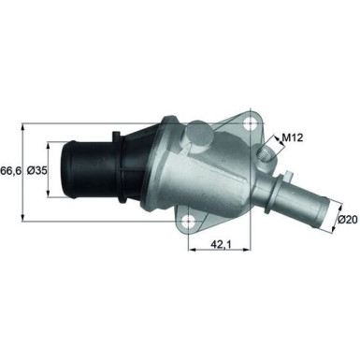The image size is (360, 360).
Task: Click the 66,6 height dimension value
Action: pos(11,171)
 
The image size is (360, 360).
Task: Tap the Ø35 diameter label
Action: pos(37,171)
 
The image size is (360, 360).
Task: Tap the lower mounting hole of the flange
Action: pos(193,223)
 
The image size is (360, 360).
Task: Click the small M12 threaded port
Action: pos(270,147)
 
